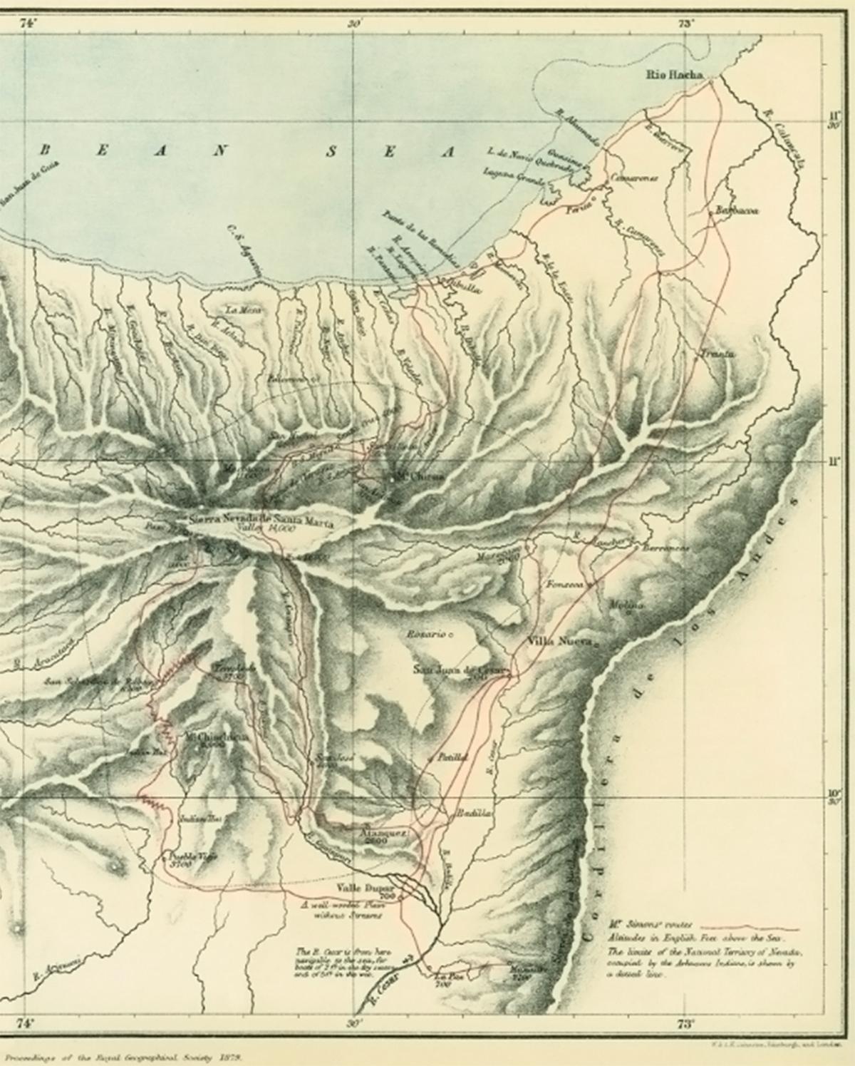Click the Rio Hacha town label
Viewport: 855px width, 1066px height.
tap(674, 74)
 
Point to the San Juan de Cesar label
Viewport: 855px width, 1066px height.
tap(460, 670)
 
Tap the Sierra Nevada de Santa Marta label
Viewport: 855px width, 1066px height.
tap(261, 519)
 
